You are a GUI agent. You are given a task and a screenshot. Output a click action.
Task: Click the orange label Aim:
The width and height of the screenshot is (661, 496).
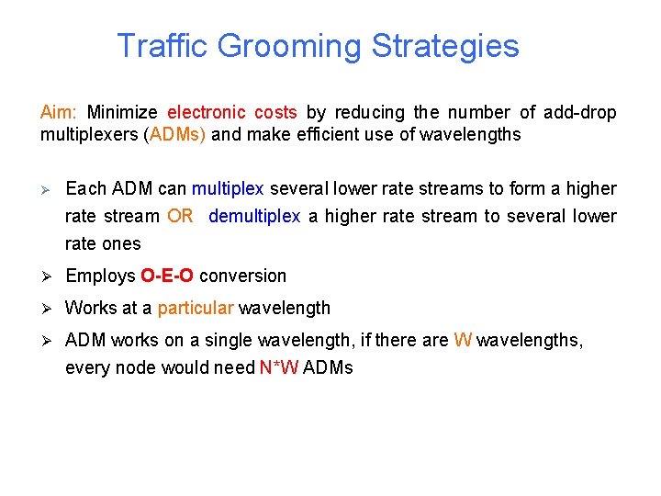coord(59,113)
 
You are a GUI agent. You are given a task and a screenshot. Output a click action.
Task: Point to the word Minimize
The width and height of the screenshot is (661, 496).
coord(122,113)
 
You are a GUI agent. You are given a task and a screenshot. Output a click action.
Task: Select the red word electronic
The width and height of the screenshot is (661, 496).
coord(207,113)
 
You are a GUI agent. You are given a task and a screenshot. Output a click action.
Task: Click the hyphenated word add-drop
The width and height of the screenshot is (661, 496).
coord(580,113)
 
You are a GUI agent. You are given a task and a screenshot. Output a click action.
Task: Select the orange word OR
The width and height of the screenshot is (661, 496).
coord(180,217)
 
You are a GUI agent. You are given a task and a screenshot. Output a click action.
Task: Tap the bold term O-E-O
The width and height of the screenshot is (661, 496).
coord(166,276)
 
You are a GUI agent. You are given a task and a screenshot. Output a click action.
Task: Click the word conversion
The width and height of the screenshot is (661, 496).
coord(242,276)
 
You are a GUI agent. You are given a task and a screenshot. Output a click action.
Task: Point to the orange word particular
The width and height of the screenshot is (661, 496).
coord(196,309)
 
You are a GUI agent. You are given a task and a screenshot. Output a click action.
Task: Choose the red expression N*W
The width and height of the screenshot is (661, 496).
coord(279,368)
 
